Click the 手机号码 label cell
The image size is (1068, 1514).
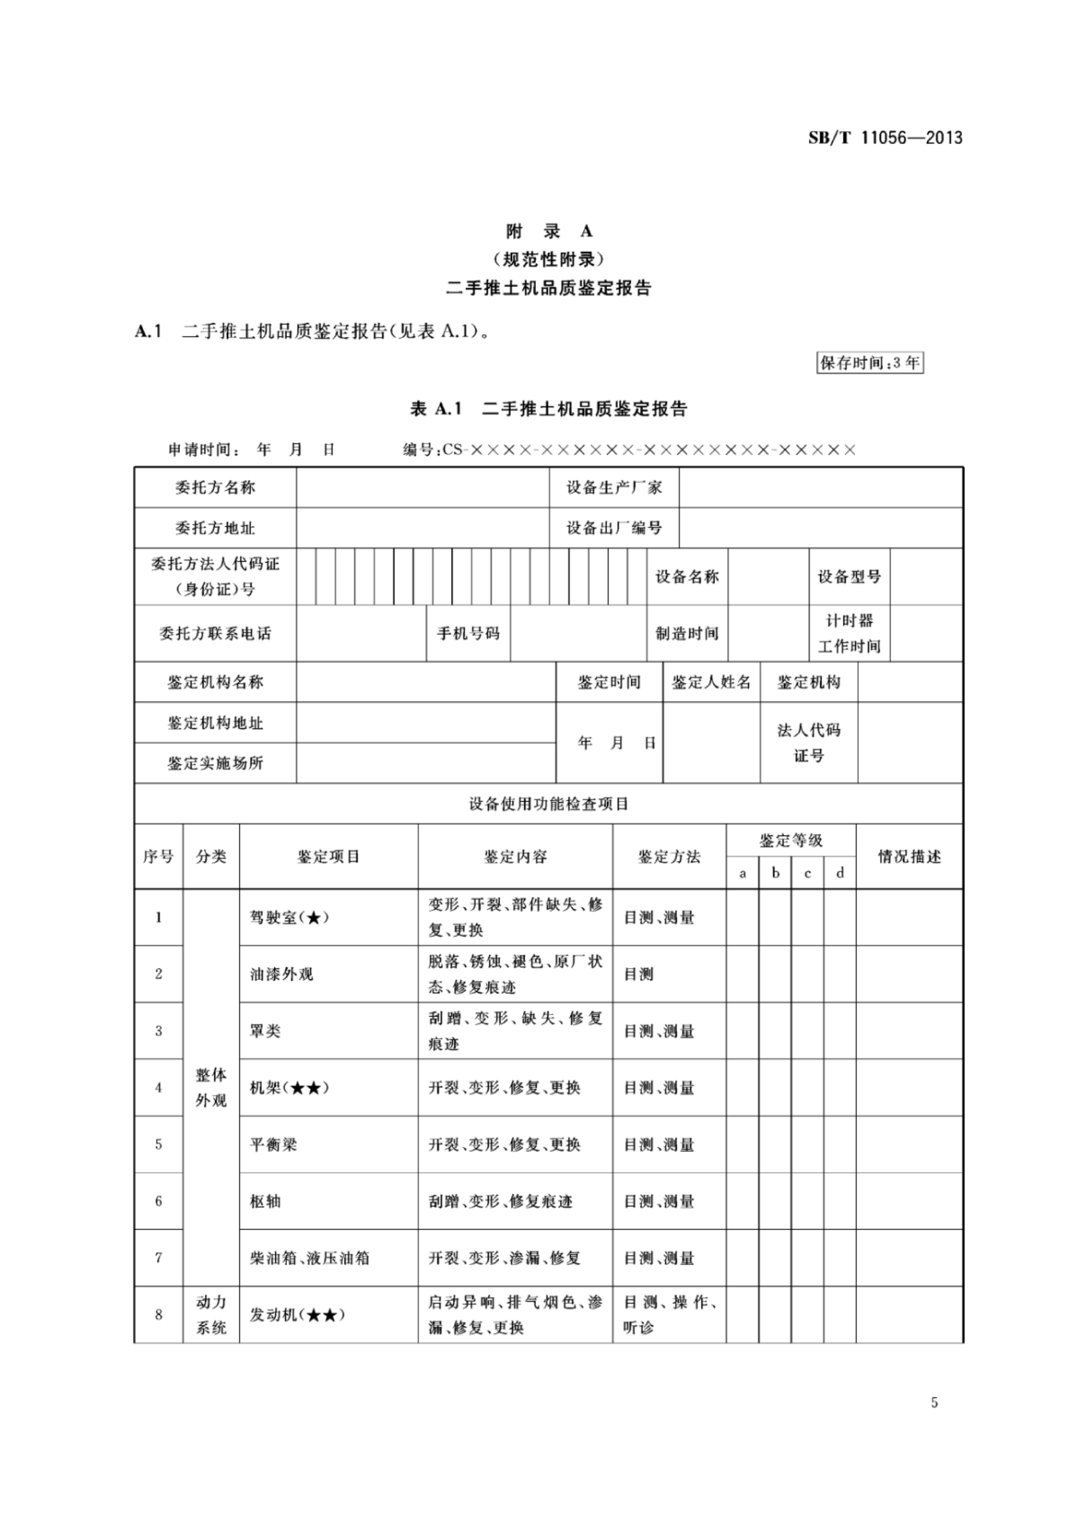pos(468,633)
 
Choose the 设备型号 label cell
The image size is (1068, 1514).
pos(849,576)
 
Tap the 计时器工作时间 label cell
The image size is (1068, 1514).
pos(849,633)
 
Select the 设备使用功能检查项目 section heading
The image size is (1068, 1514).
pos(549,804)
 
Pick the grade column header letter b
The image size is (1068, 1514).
pos(775,873)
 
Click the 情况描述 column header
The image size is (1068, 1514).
pos(909,857)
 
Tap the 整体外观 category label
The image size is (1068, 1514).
pos(211,1087)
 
